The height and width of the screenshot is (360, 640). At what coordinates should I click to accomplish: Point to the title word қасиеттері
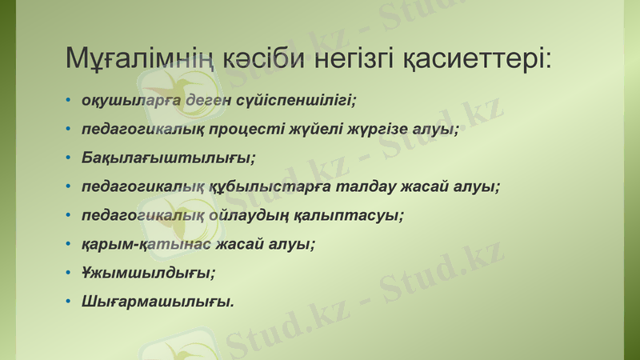[479, 58]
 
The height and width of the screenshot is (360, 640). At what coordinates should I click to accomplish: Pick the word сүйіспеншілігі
[294, 101]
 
